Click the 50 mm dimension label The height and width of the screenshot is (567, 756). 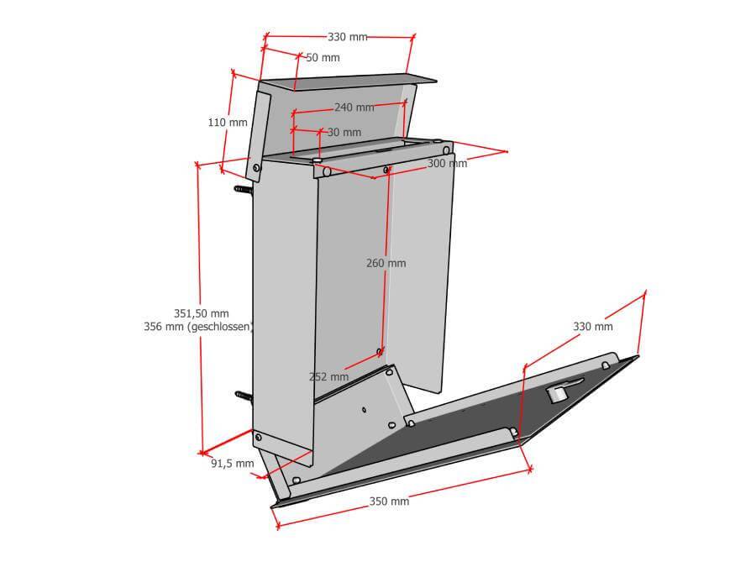323,58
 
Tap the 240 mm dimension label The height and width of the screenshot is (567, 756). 354,108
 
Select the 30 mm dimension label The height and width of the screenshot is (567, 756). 344,132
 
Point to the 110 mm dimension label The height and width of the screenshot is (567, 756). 228,123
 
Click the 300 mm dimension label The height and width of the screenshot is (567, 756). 448,164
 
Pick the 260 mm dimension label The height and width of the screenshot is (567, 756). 386,263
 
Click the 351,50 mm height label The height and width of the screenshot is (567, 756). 202,313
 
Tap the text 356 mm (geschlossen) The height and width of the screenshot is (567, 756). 198,327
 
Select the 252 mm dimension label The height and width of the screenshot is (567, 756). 328,376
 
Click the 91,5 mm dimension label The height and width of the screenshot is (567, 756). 233,464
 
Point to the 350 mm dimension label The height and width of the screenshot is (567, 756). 389,501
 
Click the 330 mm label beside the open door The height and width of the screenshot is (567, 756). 592,327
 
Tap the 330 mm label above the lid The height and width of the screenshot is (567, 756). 347,37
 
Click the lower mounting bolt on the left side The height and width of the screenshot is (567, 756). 244,396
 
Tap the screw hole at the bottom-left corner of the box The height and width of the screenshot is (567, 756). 259,438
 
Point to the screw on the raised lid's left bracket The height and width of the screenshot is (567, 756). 256,168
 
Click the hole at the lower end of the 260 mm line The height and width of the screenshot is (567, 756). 380,351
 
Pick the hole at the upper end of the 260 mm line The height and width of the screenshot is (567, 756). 386,170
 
